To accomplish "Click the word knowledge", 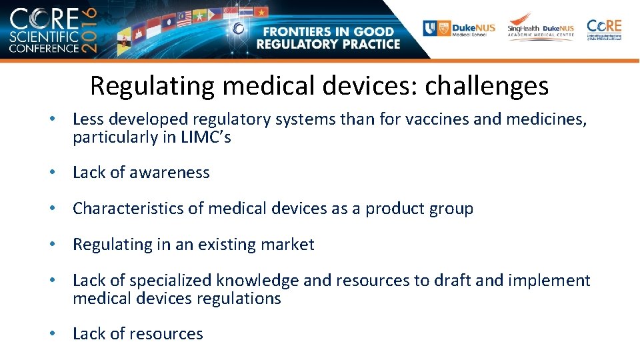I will (263, 281).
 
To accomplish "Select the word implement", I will (549, 281).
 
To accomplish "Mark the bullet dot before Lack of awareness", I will (51, 173).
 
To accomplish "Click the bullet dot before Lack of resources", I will (51, 334).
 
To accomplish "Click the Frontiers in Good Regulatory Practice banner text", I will (331, 38).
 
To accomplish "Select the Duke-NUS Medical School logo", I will (459, 28).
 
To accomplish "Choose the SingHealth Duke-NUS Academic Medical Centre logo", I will (541, 28).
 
